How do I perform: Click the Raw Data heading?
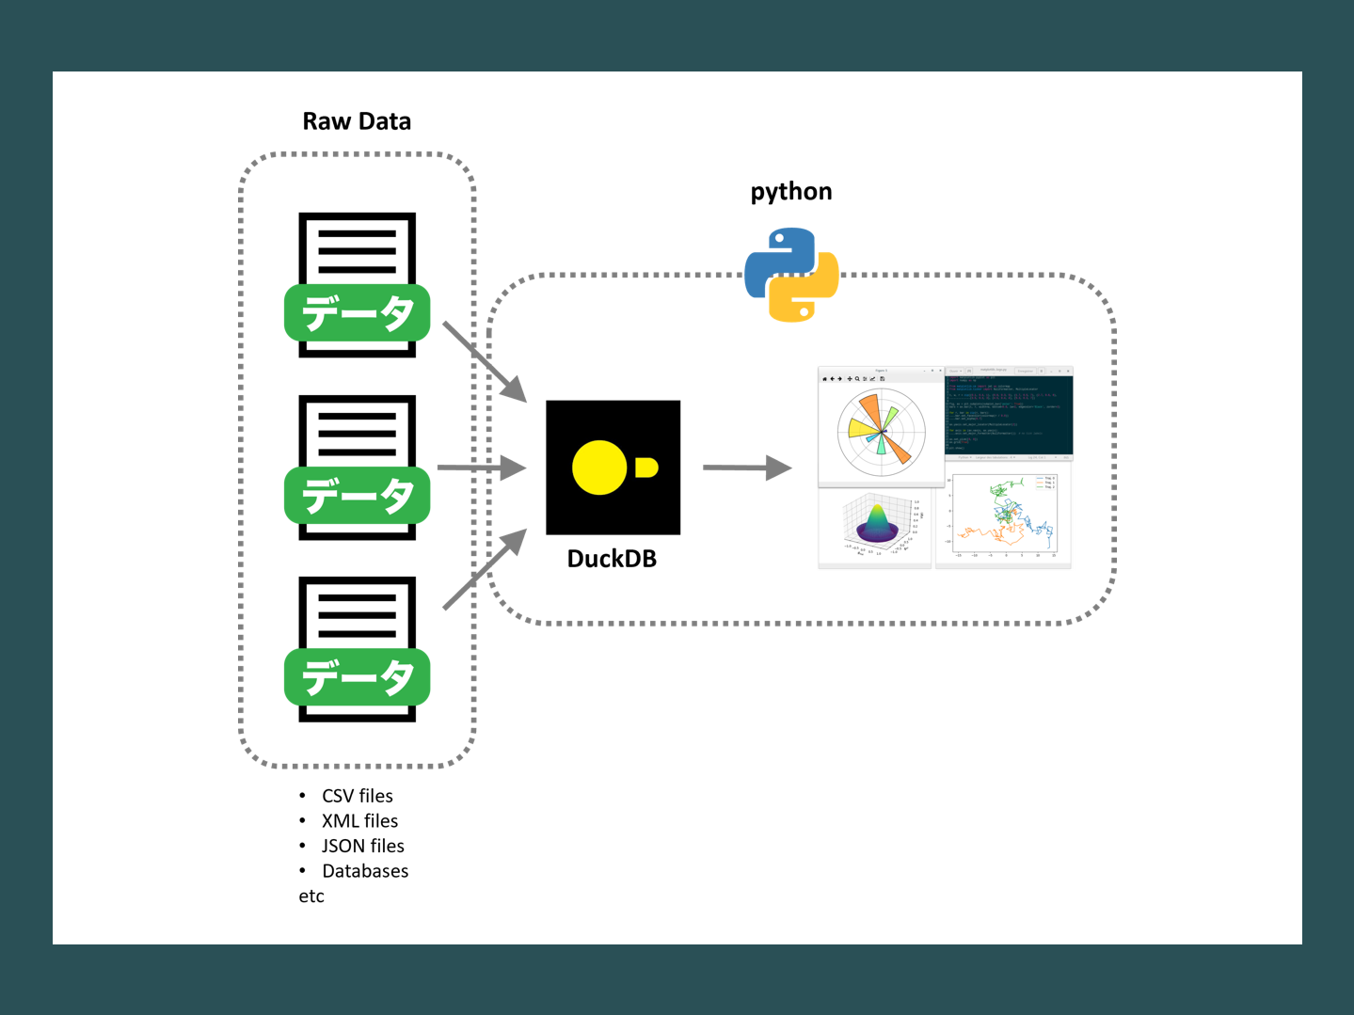[x=357, y=121]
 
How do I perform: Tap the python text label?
[x=790, y=192]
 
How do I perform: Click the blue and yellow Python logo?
[x=791, y=275]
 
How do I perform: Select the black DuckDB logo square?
[x=613, y=468]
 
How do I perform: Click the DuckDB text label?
[x=612, y=559]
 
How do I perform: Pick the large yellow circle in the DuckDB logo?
[x=599, y=468]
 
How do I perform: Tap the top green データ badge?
[x=358, y=312]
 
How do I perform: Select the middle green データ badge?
[x=358, y=495]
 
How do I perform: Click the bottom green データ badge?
[x=358, y=677]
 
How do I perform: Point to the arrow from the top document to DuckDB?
[x=484, y=361]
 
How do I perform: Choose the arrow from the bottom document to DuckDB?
[x=484, y=570]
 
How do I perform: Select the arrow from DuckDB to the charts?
[x=746, y=468]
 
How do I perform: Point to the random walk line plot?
[x=1004, y=515]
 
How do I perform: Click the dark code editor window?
[x=1009, y=414]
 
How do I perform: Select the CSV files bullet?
[x=358, y=796]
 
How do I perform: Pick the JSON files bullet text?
[x=363, y=846]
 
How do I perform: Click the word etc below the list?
[x=311, y=896]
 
